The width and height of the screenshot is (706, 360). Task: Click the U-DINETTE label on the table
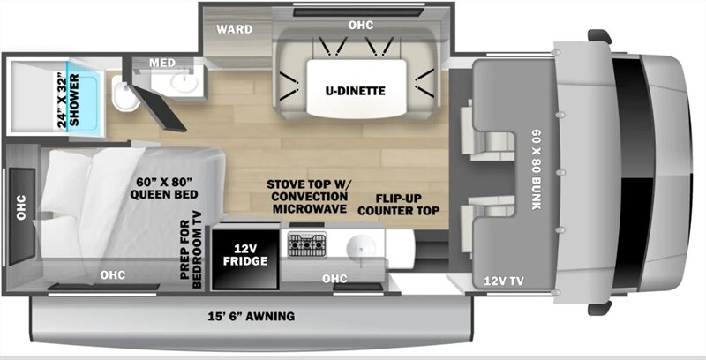pos(356,92)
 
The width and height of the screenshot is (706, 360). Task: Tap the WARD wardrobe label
pos(234,30)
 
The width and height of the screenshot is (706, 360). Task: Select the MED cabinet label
pos(162,63)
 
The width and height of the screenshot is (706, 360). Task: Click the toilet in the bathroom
pos(124,93)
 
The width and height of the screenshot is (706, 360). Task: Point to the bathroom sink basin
pos(184,83)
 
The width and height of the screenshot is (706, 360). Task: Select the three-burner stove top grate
pos(307,245)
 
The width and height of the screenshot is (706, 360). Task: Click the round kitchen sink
pos(361,246)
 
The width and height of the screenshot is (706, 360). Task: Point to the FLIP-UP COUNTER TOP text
pos(399,205)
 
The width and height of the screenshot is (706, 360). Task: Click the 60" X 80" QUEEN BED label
pos(164,188)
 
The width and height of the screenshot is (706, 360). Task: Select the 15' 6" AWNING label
pos(252,317)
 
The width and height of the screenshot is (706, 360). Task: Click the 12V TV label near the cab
pos(504,281)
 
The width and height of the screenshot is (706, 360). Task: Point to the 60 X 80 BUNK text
pos(537,169)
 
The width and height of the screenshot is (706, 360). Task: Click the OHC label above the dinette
pos(361,26)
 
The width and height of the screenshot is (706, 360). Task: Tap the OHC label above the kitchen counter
pos(334,279)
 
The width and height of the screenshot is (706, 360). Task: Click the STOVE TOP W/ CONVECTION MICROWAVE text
pos(310,197)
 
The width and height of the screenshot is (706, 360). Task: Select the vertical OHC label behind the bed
pos(21,207)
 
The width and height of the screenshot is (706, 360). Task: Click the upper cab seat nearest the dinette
pos(487,131)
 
